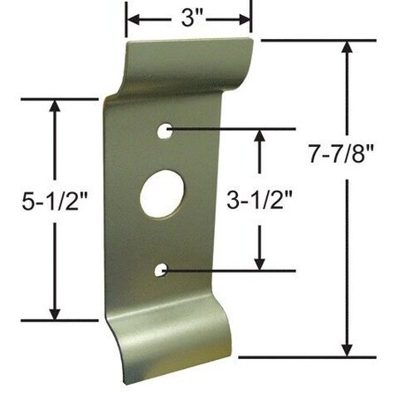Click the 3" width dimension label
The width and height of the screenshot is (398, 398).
pos(188,17)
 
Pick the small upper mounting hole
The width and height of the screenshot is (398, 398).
pos(165,132)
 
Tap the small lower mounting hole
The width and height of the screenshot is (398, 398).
pos(162,268)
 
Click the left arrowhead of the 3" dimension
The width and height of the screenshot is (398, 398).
pos(133,17)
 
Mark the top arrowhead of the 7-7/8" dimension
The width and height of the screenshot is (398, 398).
pos(348,49)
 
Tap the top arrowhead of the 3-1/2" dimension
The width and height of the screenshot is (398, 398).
pos(259,137)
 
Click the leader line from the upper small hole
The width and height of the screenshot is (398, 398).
pos(221,129)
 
